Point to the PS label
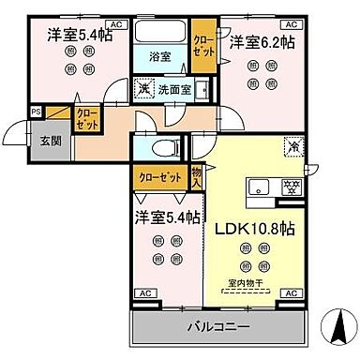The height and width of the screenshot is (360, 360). [36, 112]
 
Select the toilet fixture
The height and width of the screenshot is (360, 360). [165, 147]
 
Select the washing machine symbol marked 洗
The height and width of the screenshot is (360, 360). [144, 89]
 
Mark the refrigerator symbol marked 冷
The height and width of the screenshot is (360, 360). [293, 145]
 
